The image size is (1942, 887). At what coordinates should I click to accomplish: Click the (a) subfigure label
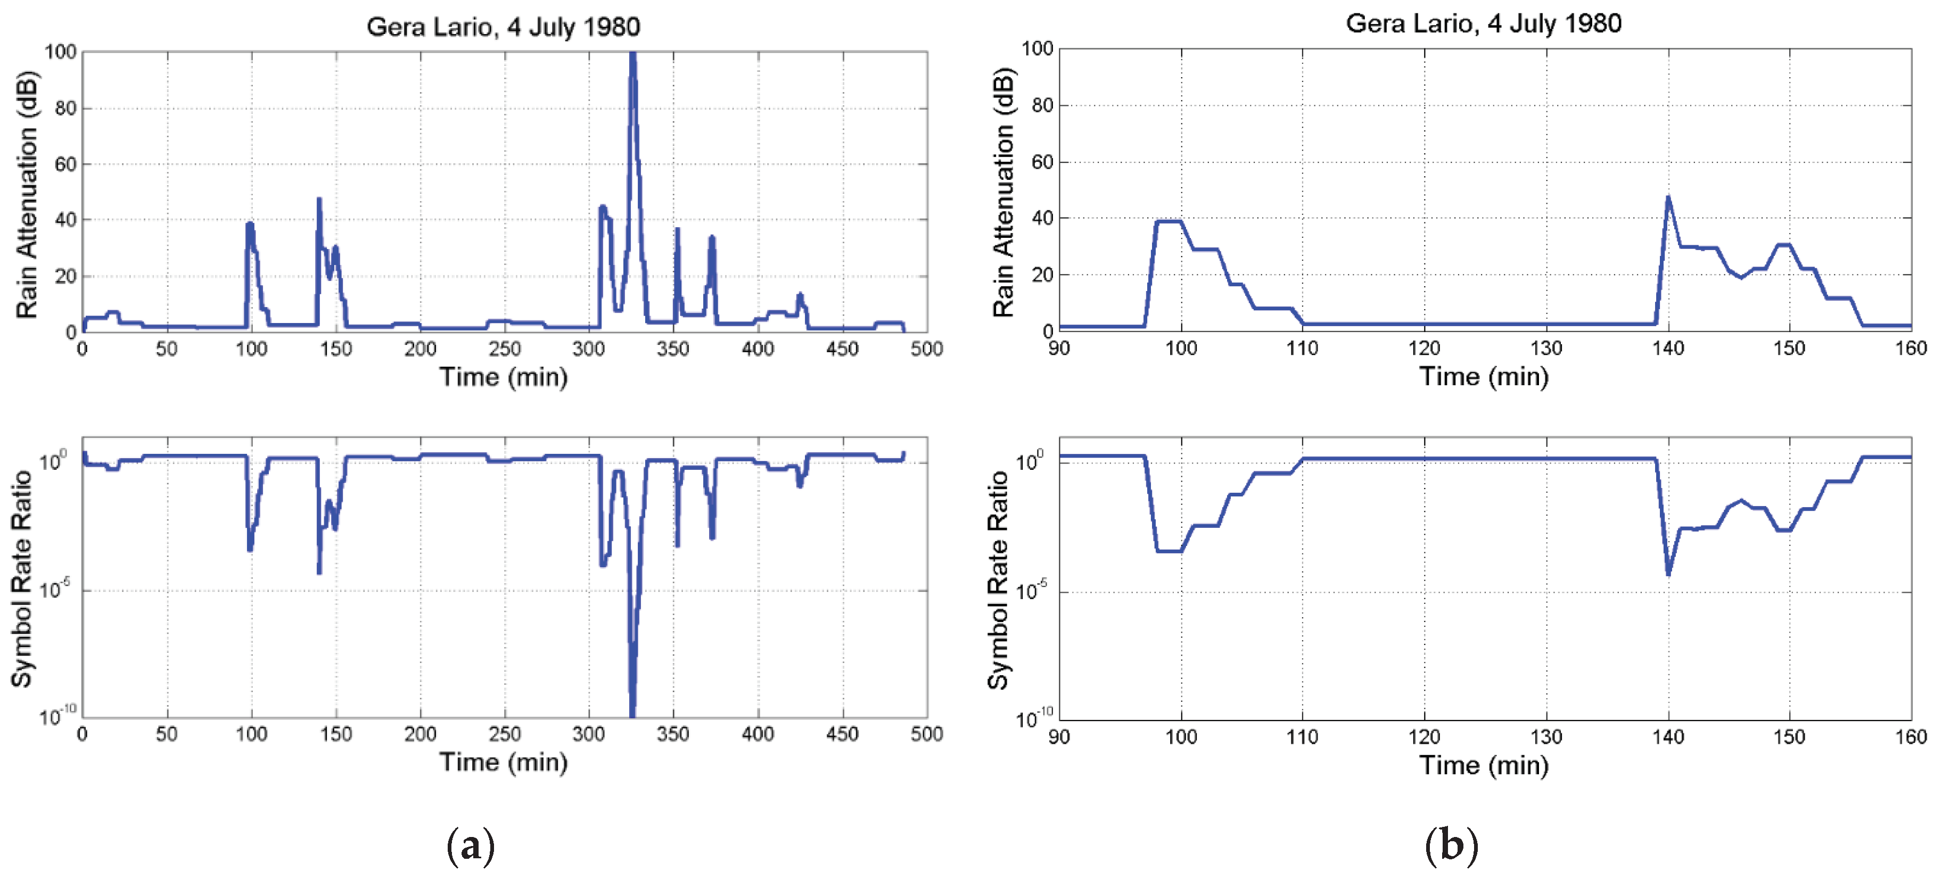click(471, 845)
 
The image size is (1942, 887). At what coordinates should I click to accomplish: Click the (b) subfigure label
click(1451, 845)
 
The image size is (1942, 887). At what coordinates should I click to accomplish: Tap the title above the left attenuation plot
click(503, 27)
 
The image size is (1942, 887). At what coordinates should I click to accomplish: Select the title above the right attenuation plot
click(1483, 23)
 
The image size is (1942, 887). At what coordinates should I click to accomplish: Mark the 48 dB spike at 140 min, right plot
click(1668, 197)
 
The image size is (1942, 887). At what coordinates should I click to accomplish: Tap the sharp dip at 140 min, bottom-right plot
click(1668, 574)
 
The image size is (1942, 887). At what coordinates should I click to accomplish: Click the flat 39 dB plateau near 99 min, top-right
click(1169, 221)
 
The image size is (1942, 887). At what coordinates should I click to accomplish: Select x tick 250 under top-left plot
click(504, 349)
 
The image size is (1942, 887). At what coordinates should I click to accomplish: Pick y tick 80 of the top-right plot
click(1042, 105)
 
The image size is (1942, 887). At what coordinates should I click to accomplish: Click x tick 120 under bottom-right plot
click(1424, 736)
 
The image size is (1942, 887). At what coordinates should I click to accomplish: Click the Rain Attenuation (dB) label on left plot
click(27, 194)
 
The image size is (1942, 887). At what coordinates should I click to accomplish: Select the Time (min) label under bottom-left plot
click(503, 762)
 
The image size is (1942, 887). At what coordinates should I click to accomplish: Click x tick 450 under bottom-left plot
click(842, 733)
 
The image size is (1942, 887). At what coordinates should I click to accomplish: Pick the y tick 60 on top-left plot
click(65, 164)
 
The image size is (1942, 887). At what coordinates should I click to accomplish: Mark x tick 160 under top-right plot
click(1911, 348)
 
